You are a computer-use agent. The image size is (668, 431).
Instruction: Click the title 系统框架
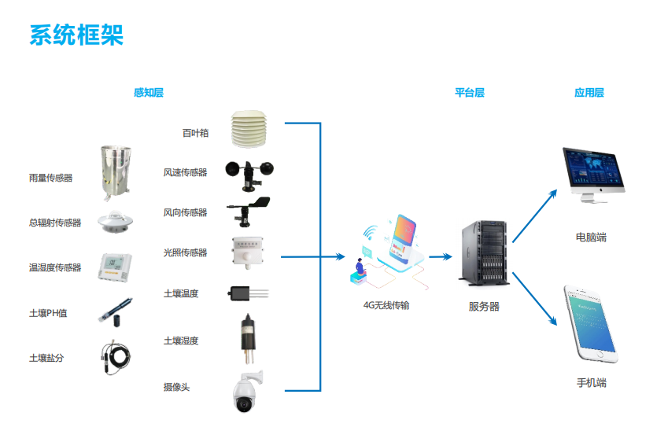click(76, 35)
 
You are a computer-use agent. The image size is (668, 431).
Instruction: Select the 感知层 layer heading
click(149, 93)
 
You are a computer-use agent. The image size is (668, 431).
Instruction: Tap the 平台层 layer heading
click(470, 93)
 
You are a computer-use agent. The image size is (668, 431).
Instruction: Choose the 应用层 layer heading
click(589, 93)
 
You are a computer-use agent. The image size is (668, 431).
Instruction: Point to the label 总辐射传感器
click(55, 223)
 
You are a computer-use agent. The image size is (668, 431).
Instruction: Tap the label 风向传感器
click(185, 212)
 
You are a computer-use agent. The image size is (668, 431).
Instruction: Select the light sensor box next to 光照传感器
click(250, 252)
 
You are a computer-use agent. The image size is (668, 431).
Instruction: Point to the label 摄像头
click(176, 387)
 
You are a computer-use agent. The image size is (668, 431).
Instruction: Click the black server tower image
click(482, 252)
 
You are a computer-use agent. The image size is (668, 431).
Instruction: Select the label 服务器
click(484, 307)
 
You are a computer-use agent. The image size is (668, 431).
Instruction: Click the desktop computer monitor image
click(594, 175)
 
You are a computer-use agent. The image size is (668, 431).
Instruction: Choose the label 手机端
click(592, 383)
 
